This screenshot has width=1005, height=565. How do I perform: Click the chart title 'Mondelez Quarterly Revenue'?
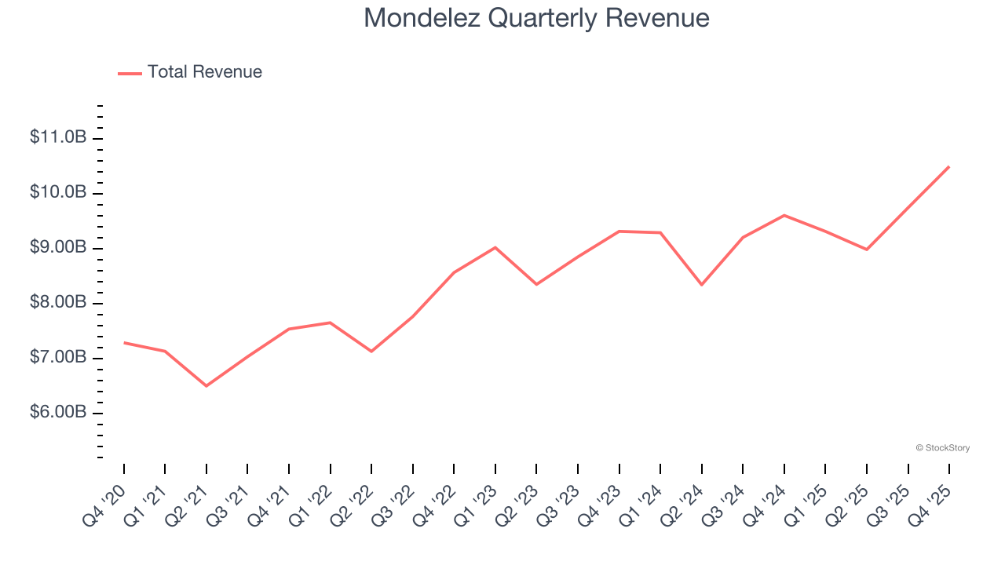point(536,18)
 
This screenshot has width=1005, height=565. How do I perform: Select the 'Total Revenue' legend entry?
point(204,72)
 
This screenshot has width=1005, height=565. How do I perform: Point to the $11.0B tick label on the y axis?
point(58,138)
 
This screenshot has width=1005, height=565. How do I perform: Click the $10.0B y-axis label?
point(58,193)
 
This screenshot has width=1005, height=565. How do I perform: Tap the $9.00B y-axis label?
point(58,248)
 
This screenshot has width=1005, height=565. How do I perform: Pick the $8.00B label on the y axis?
point(58,303)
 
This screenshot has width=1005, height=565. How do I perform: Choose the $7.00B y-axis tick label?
point(58,358)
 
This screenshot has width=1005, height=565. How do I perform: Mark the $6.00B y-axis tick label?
point(58,413)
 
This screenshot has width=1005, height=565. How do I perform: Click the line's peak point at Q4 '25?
point(949,166)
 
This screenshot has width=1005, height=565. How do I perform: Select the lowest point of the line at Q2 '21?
point(206,386)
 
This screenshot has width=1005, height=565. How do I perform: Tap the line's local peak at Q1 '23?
point(495,247)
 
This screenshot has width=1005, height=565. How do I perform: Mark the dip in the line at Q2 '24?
point(701,285)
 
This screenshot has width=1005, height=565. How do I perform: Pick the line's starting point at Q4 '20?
point(124,342)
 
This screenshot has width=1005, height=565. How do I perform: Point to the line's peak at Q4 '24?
point(784,215)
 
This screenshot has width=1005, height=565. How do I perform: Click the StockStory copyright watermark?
point(942,448)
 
